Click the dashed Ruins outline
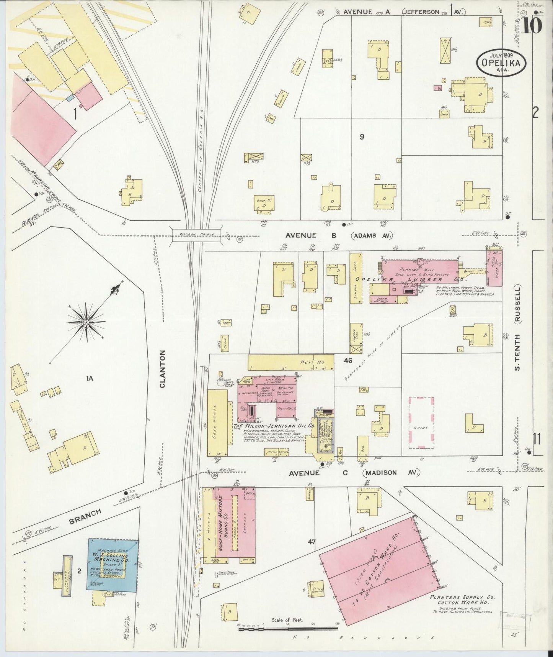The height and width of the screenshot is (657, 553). tap(421, 422)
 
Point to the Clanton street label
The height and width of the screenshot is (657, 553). tap(162, 369)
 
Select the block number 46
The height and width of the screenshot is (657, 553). tap(347, 360)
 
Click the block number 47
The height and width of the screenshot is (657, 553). tap(312, 542)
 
